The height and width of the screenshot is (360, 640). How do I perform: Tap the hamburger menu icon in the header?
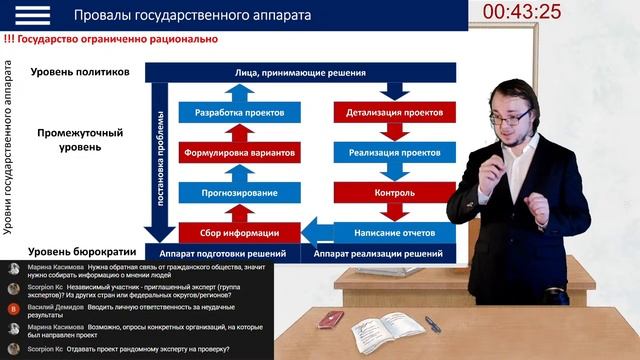pyautogui.click(x=32, y=14)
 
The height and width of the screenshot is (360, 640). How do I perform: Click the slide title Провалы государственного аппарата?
pyautogui.click(x=192, y=15)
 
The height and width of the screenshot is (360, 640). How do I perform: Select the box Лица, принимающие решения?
pyautogui.click(x=300, y=73)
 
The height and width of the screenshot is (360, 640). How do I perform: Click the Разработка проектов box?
pyautogui.click(x=238, y=114)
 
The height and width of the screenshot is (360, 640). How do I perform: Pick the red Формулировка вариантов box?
pyautogui.click(x=238, y=153)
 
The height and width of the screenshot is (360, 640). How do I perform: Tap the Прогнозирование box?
pyautogui.click(x=238, y=192)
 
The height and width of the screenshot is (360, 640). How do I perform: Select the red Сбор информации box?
pyautogui.click(x=238, y=232)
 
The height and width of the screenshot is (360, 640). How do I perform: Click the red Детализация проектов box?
pyautogui.click(x=394, y=114)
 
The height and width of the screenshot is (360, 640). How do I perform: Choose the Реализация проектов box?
pyautogui.click(x=394, y=153)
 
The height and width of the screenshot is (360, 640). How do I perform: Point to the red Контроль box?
pyautogui.click(x=394, y=192)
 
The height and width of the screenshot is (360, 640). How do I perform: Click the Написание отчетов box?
pyautogui.click(x=394, y=232)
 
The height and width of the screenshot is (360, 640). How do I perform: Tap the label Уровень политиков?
pyautogui.click(x=80, y=73)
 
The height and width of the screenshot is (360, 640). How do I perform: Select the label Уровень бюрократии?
pyautogui.click(x=80, y=253)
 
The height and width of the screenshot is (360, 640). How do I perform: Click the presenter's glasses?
pyautogui.click(x=512, y=119)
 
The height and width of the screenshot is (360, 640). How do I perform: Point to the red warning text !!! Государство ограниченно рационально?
pyautogui.click(x=110, y=40)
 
